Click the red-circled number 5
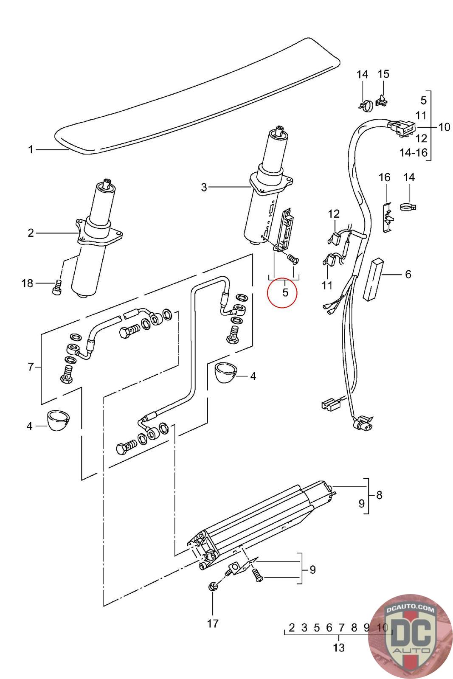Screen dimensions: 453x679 pos(285,292)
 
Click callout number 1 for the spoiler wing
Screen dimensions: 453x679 pos(31,149)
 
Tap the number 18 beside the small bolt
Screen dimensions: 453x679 pos(27,283)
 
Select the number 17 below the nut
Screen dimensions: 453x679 pos(213,623)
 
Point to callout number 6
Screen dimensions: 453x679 pos(408,274)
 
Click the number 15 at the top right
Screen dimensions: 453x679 pos(383,74)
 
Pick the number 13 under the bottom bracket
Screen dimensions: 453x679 pos(339,648)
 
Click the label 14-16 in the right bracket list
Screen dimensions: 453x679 pos(414,152)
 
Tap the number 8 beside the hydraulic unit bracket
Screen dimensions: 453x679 pos(379,495)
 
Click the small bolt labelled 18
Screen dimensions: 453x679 pos(57,287)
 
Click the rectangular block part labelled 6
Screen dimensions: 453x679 pos(372,279)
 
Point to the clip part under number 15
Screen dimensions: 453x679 pos(382,100)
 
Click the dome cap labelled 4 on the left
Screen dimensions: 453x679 pos(59,420)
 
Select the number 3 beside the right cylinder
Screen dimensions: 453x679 pos(204,187)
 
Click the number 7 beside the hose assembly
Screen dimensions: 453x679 pos(31,367)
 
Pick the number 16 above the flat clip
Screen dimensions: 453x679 pos(385,177)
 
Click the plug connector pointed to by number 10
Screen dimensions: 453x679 pos(400,127)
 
